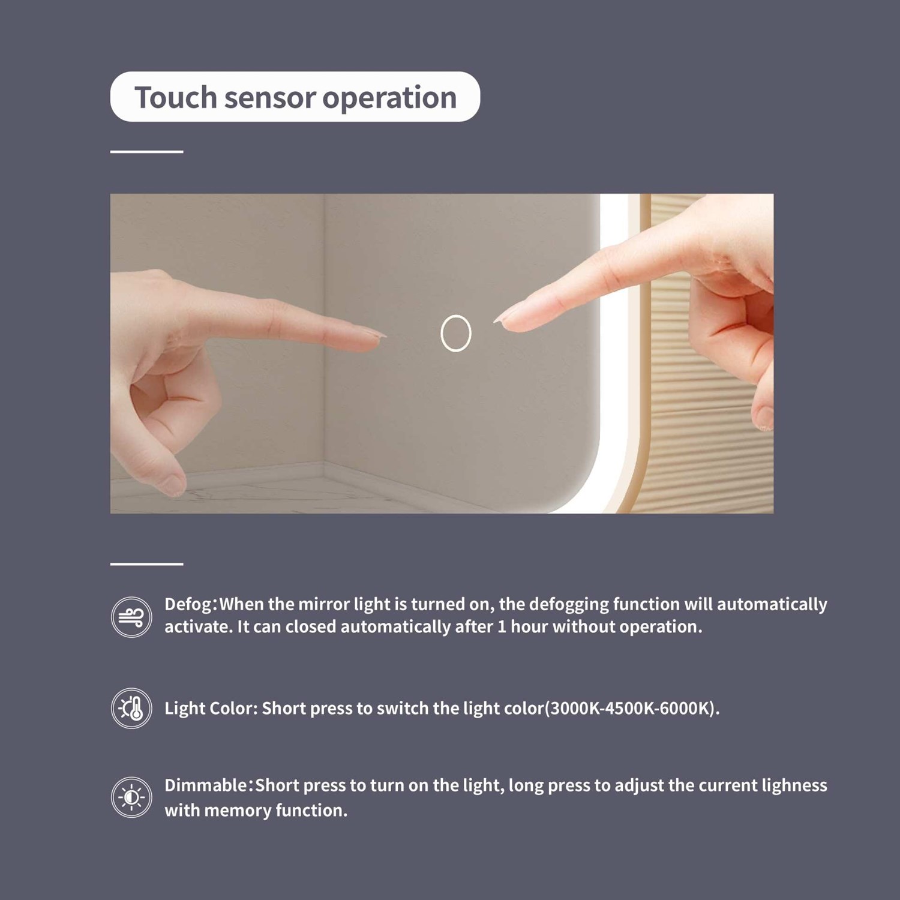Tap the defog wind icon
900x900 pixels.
click(x=131, y=617)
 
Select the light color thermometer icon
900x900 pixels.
click(x=131, y=708)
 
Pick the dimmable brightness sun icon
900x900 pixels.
click(x=131, y=797)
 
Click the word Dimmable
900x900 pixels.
click(x=206, y=785)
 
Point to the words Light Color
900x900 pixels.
click(x=210, y=708)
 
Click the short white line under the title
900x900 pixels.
click(x=146, y=152)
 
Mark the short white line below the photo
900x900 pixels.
click(x=146, y=564)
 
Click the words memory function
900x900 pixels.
click(x=275, y=811)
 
